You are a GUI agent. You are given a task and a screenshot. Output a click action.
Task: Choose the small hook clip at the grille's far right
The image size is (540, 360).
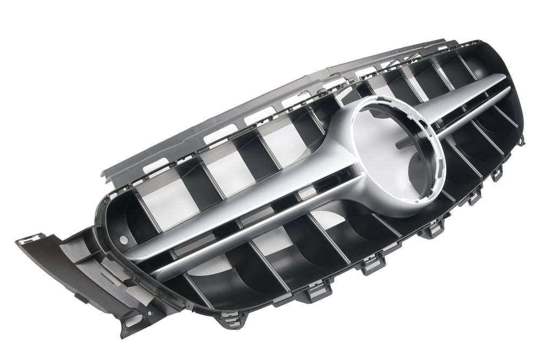point(521,140)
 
